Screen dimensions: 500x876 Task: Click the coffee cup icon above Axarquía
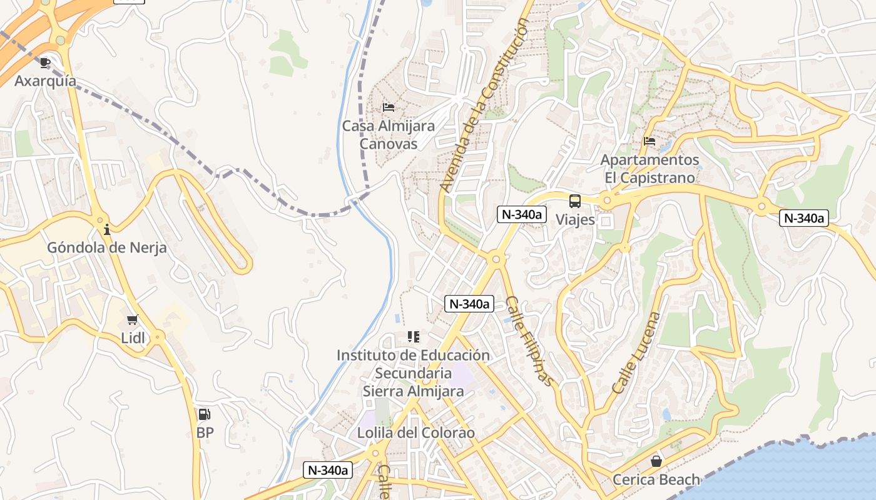point(44,62)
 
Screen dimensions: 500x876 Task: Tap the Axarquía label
point(45,81)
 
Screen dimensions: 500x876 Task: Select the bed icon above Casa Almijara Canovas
point(388,107)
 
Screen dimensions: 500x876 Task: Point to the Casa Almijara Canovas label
point(388,135)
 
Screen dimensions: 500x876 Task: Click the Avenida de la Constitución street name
point(484,105)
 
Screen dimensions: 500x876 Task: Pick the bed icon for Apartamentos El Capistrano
point(649,141)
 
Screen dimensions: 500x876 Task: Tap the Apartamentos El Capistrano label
point(649,169)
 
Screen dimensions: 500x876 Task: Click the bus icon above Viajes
point(574,201)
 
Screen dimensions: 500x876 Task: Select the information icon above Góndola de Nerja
point(107,229)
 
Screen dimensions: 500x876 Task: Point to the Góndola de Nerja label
point(107,247)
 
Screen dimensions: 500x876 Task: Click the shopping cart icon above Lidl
point(132,320)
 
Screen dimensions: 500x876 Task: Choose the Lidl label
point(132,338)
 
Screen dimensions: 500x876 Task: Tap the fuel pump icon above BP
point(204,414)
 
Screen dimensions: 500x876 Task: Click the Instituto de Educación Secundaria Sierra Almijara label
point(413,373)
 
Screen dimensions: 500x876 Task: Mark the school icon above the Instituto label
point(413,337)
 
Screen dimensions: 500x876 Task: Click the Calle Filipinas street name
point(530,341)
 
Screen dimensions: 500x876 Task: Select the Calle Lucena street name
point(636,352)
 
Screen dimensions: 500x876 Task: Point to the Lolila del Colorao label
point(415,432)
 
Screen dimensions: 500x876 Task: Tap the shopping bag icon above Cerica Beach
point(656,461)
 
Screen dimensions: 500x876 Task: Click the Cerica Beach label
point(656,479)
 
